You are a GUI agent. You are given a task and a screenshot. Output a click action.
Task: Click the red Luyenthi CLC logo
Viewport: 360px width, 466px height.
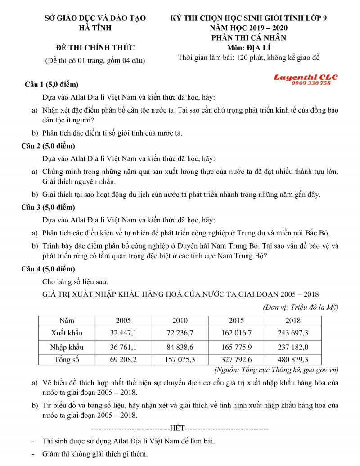306,77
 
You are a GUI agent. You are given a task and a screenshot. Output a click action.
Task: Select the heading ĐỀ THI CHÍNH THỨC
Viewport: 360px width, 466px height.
95,48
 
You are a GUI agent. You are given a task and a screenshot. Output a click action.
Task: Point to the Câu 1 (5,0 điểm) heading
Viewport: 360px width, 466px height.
51,85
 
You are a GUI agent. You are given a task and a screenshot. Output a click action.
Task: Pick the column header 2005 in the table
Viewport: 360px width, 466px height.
123,321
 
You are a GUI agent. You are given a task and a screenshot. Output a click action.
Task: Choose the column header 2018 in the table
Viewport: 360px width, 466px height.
293,321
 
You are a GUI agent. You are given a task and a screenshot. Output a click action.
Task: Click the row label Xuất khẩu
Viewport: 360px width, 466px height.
67,333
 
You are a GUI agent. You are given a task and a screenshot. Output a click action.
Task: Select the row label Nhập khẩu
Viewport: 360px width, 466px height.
67,347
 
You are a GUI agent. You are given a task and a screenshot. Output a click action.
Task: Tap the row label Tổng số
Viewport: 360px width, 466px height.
67,359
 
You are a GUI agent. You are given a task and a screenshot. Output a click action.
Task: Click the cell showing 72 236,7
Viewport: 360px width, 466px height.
180,333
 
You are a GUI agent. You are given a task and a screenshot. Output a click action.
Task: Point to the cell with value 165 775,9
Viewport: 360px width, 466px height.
236,347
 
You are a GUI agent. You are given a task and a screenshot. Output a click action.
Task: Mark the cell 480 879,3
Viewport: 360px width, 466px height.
293,359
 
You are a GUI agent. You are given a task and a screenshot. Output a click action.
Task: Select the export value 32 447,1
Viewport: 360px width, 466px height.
123,333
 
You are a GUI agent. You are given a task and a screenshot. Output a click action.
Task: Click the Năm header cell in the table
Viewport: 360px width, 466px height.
67,321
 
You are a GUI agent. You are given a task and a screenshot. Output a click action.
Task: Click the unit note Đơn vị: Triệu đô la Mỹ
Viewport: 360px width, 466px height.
300,308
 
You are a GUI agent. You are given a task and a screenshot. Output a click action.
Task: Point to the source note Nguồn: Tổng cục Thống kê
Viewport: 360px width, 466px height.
275,370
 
